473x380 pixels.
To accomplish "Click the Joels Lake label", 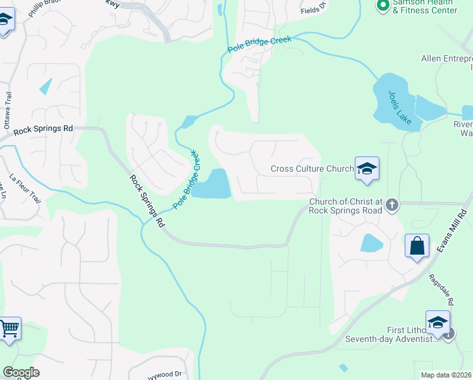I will (400, 107).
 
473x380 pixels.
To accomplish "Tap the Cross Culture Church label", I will (312, 168).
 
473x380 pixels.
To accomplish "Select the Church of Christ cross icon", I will (392, 205).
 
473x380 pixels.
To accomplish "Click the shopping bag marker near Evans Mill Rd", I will (417, 246).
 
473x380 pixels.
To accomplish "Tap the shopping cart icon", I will (9, 329).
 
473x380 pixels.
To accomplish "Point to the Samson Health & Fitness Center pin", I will (383, 6).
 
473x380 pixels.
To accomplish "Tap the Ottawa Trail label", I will (8, 111).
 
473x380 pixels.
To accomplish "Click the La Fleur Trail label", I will (26, 189).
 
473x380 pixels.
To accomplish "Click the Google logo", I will (21, 372).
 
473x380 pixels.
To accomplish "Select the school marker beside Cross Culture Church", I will (367, 169).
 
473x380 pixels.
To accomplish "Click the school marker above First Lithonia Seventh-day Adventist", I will (438, 323).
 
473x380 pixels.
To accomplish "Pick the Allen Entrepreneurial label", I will (446, 59).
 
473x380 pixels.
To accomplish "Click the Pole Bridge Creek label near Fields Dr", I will (259, 44).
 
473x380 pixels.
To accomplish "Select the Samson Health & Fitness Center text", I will (425, 6).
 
